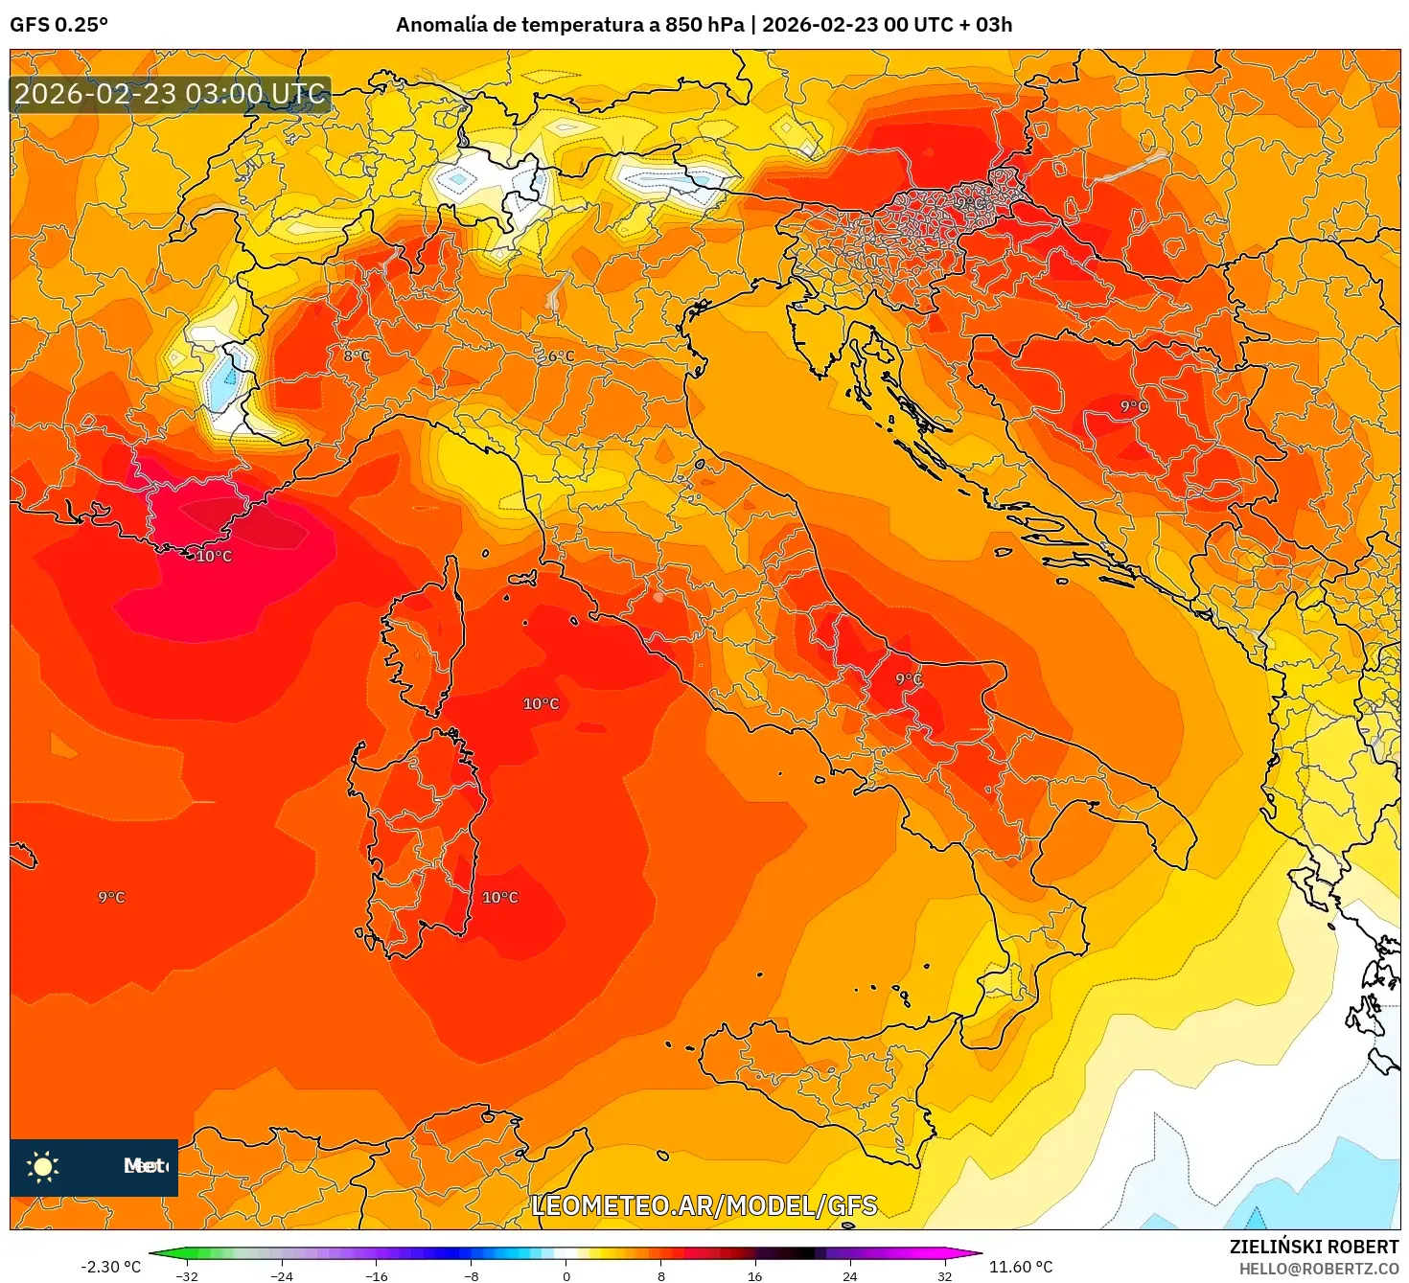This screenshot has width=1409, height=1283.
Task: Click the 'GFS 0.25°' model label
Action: pos(58,25)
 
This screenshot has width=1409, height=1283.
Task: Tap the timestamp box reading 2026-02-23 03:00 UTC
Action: pos(171,94)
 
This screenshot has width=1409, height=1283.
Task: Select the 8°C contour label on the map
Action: pos(357,356)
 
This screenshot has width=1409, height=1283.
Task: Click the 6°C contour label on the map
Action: pos(561,356)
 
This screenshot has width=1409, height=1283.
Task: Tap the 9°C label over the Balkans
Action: pos(1134,406)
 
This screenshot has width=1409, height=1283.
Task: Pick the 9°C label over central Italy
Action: pos(909,679)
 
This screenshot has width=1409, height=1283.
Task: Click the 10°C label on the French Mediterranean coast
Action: pos(214,556)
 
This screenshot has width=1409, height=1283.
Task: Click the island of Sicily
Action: pos(824,1083)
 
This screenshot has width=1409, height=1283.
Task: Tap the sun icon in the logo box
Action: pos(43,1166)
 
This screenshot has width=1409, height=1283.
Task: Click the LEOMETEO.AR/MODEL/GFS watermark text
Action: pos(704,1205)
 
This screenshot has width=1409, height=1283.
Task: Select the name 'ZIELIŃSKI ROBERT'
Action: pos(1314,1247)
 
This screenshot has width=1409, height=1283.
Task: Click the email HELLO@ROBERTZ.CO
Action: pos(1319,1269)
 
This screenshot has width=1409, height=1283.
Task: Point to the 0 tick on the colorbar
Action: pos(566,1275)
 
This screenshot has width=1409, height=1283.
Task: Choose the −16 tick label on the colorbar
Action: pos(376,1275)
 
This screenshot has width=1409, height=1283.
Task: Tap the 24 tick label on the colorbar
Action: pos(849,1275)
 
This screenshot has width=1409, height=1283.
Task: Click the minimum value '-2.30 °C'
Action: pos(110,1267)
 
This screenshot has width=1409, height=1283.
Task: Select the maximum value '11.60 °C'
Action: pos(1021,1267)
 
